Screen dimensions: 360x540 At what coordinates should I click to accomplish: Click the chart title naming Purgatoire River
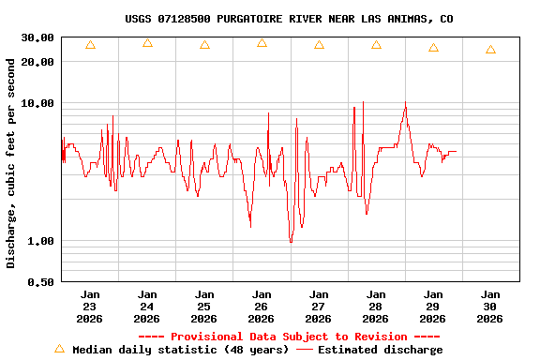tap(289, 19)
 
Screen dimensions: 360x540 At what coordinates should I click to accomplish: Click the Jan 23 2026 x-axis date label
tap(90, 307)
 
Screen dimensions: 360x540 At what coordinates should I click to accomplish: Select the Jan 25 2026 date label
tap(204, 307)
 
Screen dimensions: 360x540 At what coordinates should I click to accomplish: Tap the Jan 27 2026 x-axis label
tap(319, 307)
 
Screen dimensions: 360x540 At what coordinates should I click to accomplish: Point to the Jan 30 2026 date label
tap(490, 307)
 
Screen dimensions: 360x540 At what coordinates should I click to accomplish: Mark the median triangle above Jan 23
tap(90, 45)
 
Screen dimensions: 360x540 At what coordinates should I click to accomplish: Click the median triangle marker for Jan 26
tap(262, 43)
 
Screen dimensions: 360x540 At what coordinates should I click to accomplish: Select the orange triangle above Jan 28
tap(376, 45)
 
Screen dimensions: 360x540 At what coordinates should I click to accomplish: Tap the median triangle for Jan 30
tap(490, 50)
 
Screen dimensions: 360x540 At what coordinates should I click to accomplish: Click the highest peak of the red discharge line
tap(405, 102)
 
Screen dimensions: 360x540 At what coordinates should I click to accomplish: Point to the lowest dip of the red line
tap(291, 242)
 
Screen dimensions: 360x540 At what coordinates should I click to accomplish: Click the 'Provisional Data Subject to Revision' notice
tap(289, 337)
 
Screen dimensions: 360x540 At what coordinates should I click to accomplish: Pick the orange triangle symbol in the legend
tap(59, 349)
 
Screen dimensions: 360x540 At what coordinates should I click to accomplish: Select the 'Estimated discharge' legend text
tap(380, 350)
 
